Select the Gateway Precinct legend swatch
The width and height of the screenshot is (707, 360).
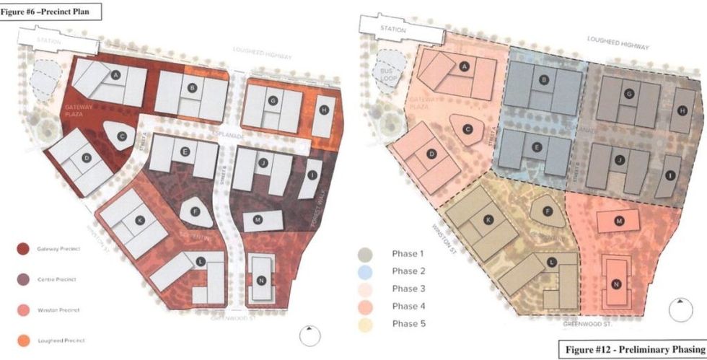23,248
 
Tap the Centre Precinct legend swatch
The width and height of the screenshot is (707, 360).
23,278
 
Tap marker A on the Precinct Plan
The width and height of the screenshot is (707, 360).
115,74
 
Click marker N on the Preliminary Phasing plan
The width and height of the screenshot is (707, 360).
616,284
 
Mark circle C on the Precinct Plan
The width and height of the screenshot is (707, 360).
122,136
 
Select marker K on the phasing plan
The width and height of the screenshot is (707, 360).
488,219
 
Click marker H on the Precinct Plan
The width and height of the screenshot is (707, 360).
325,110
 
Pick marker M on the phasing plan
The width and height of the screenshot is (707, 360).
619,221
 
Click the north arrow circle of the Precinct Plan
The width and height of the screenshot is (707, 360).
310,335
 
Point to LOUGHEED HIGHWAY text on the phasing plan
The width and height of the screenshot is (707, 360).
618,45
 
